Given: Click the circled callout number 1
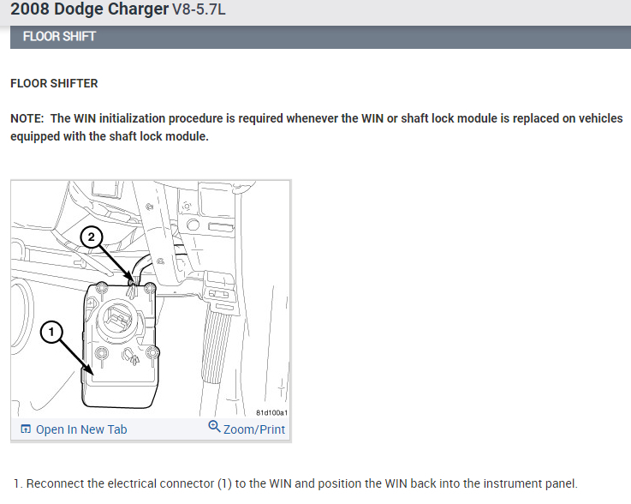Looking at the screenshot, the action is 51,332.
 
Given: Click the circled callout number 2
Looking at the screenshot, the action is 92,237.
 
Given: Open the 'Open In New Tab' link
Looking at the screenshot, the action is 81,429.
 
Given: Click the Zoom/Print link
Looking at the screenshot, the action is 254,429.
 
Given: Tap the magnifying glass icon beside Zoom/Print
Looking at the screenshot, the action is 214,427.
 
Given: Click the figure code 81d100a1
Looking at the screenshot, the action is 271,412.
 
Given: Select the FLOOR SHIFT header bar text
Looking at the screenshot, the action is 59,37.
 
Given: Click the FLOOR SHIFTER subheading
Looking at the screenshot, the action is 54,83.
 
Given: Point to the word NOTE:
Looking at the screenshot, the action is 27,118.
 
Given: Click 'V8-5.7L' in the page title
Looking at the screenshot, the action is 199,9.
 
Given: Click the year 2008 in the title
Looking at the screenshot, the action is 30,9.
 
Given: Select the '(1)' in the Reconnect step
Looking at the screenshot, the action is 224,483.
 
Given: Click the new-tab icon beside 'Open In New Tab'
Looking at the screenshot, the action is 26,429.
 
